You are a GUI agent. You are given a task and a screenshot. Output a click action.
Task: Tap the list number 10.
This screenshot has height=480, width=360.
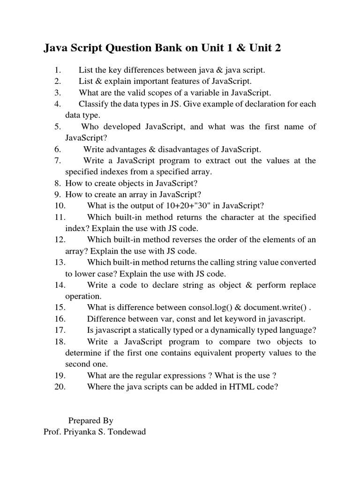pos(60,205)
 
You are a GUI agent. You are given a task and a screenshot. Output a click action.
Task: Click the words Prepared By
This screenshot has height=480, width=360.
pos(91,420)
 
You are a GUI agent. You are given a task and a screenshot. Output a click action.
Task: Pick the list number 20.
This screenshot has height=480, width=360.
pos(60,387)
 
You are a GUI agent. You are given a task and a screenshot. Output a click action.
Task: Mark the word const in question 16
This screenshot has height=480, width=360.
pos(180,319)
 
